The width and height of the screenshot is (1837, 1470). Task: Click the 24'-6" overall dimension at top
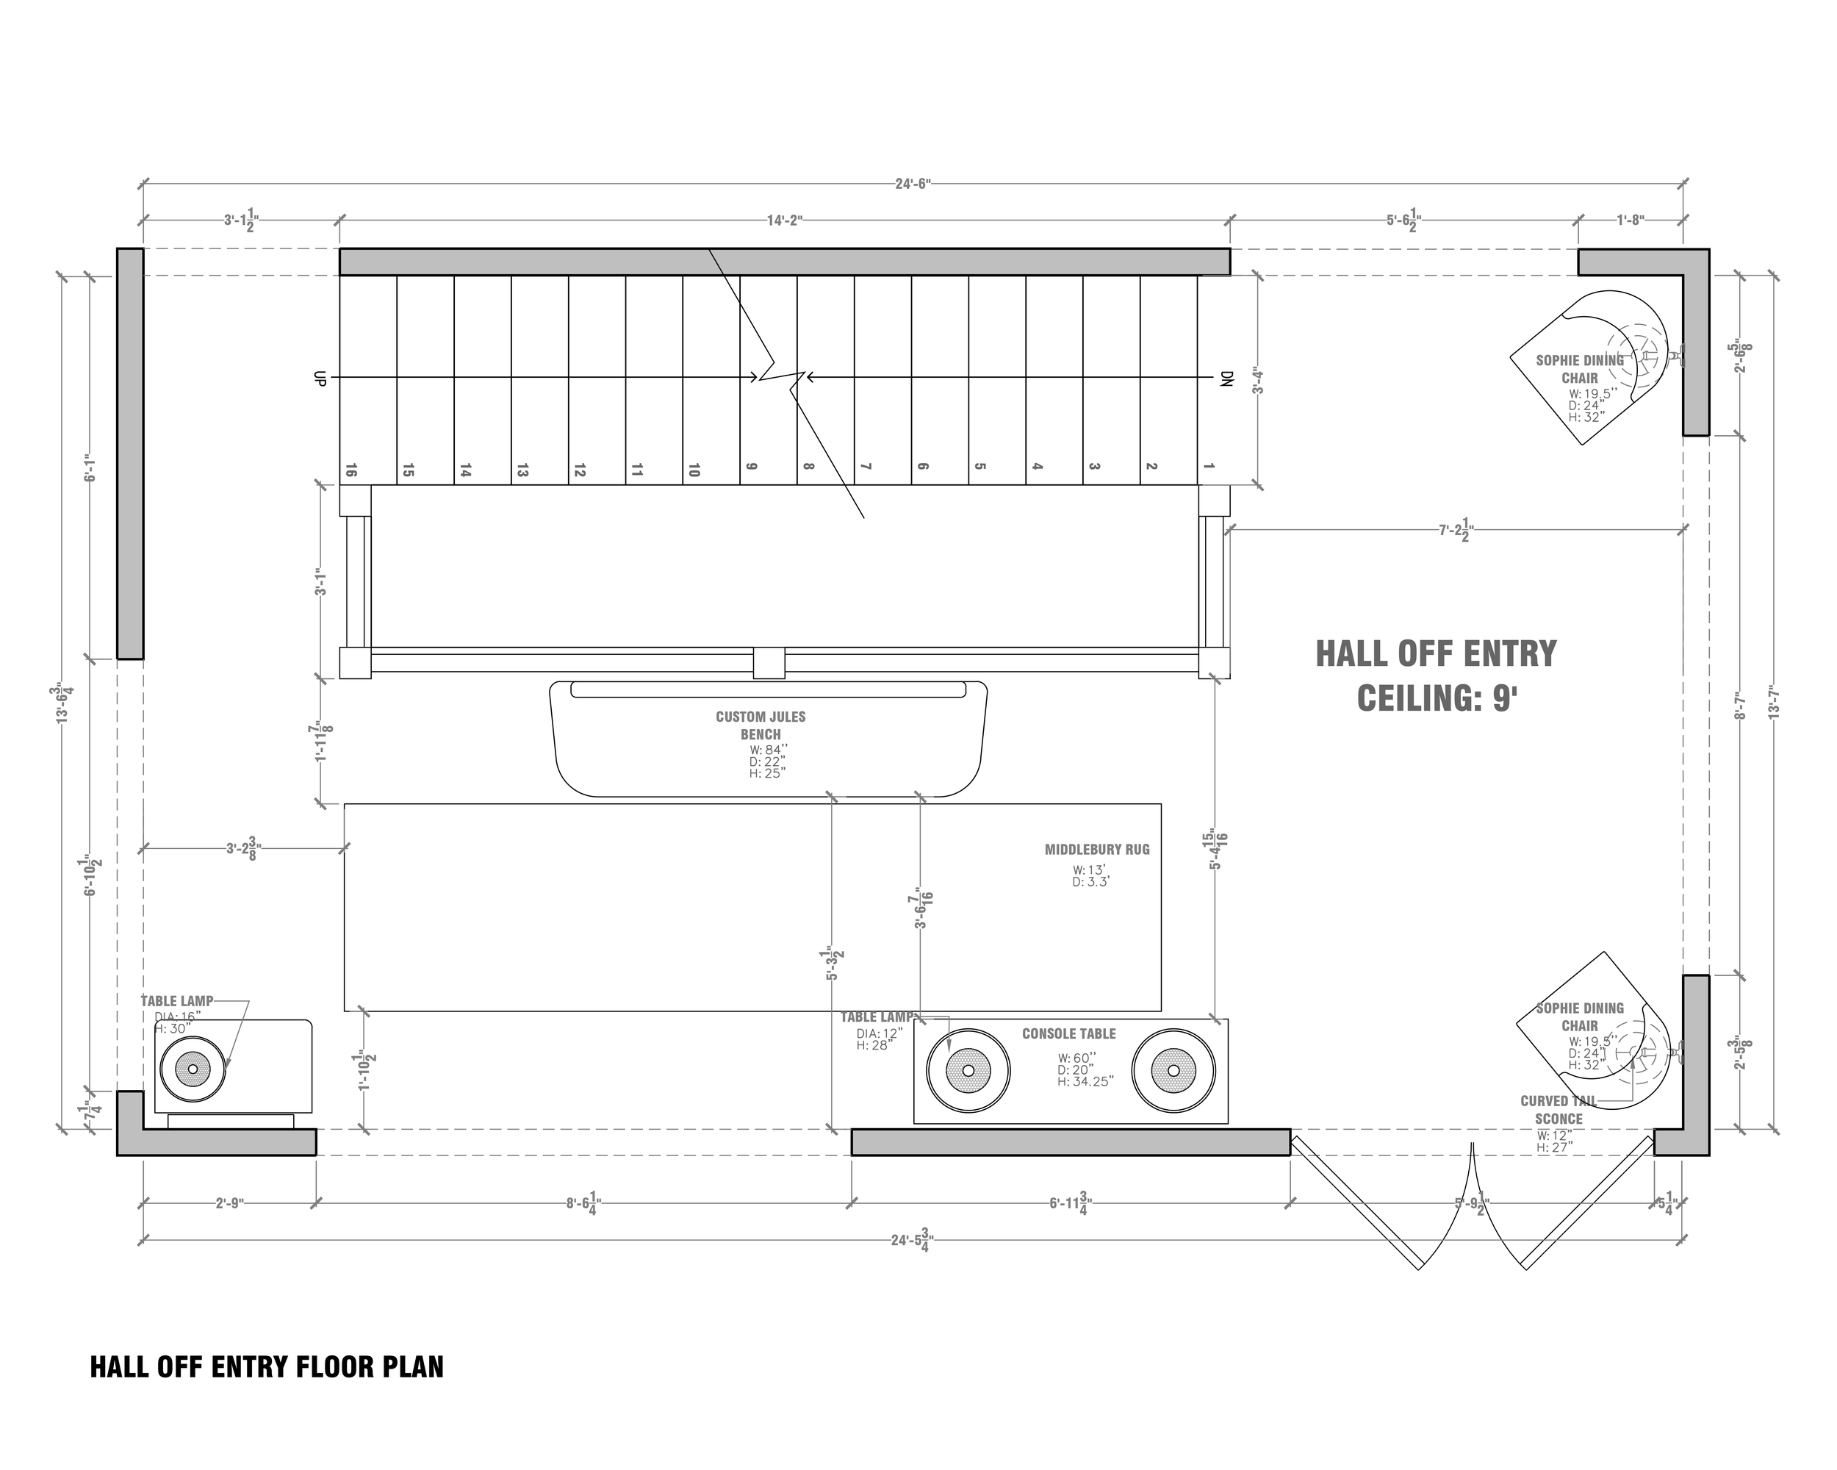(x=913, y=183)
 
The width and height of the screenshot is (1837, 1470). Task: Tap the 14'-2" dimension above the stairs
(x=784, y=220)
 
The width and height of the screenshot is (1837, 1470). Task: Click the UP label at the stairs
(x=320, y=379)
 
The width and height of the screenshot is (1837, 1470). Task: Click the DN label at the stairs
(x=1226, y=379)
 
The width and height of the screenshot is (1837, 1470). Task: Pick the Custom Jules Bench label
(x=760, y=725)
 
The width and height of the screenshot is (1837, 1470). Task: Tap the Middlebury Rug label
(x=1096, y=850)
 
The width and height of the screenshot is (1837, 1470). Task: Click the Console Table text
(x=1068, y=1033)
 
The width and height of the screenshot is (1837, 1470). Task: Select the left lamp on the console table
(x=968, y=1070)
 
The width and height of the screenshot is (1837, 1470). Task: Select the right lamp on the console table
(x=1173, y=1070)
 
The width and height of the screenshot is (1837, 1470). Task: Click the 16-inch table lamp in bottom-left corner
(x=193, y=1069)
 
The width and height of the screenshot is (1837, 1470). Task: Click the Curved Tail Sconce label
(x=1559, y=1110)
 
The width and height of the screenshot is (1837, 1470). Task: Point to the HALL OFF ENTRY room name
(x=1436, y=654)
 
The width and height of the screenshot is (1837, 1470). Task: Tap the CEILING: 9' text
(x=1436, y=699)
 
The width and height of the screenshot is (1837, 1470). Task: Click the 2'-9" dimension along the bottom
(x=229, y=1203)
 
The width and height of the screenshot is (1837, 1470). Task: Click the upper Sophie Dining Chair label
(x=1579, y=369)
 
